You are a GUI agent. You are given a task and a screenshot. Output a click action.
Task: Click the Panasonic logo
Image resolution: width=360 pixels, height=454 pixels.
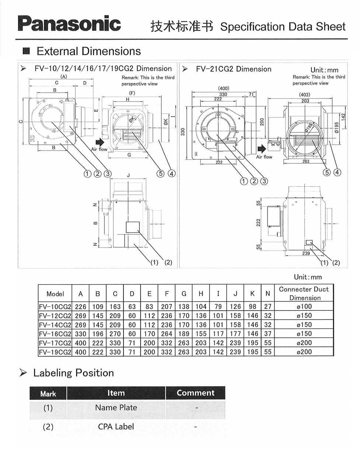point(69,24)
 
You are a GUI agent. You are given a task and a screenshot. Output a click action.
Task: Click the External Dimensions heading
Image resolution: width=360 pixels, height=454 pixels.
point(89,51)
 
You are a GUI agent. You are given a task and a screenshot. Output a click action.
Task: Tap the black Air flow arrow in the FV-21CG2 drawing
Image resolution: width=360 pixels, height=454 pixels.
point(262,148)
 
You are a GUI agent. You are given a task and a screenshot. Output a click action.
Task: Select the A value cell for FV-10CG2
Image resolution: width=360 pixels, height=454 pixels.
point(80,306)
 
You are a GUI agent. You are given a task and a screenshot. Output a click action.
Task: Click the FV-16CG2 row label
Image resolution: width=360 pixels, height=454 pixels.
point(55,334)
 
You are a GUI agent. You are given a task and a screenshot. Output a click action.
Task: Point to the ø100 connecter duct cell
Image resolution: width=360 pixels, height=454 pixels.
point(304,306)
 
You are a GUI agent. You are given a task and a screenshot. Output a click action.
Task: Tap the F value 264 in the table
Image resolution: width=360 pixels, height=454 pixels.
point(167,334)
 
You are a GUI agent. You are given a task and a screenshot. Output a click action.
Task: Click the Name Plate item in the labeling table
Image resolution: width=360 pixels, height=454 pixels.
point(116,408)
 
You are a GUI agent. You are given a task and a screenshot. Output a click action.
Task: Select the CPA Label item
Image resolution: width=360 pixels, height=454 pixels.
point(116,427)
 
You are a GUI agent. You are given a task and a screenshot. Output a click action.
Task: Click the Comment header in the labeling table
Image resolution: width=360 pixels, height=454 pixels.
point(195,393)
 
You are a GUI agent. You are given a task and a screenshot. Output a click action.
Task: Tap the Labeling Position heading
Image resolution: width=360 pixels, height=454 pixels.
point(73,373)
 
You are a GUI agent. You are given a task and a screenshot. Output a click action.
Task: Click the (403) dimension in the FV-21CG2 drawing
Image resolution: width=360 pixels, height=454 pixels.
point(305,95)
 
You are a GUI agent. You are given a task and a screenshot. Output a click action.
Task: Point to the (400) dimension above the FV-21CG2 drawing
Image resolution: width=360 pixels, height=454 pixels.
point(224,88)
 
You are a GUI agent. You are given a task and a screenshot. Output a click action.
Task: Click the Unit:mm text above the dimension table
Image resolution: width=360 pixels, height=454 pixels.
point(308,277)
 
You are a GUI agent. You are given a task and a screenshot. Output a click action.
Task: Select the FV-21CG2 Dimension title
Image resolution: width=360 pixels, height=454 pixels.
point(233,69)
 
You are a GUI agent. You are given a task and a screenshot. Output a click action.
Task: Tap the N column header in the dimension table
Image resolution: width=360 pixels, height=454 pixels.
point(268,294)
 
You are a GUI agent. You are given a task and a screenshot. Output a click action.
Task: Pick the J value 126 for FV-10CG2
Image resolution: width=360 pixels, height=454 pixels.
point(235,306)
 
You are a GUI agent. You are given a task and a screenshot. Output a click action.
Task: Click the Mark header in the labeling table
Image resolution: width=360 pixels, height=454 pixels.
point(48,393)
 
